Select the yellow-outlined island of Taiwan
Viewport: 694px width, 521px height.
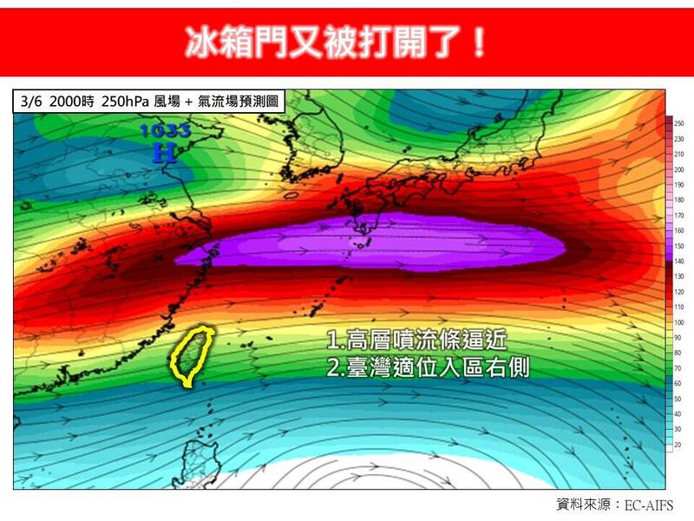[x=193, y=356]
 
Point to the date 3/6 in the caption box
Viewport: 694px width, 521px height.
[x=33, y=100]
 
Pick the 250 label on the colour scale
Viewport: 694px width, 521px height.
[x=678, y=122]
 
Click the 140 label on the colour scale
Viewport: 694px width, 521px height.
[x=678, y=261]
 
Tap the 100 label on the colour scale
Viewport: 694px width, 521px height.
[x=678, y=322]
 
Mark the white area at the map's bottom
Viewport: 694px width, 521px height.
[x=347, y=473]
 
